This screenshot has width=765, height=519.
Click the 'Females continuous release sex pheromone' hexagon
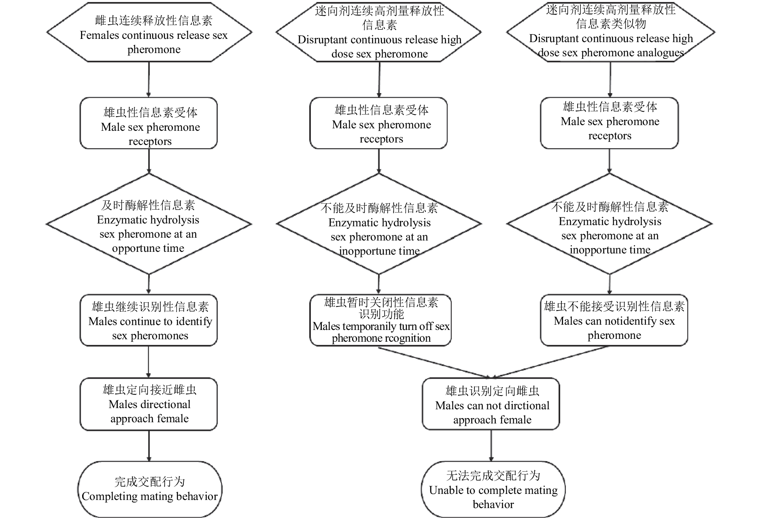pos(149,33)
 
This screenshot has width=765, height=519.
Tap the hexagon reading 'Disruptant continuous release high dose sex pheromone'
pos(379,32)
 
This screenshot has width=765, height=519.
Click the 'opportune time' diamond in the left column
pos(149,224)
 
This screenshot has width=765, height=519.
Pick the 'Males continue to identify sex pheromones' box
pos(149,320)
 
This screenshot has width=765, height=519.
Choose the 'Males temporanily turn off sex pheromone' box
pos(380,320)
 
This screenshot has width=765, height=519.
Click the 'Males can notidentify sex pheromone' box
pos(614,320)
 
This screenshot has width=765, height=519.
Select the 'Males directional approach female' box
pos(149,404)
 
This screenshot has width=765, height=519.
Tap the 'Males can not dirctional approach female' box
pos(491,404)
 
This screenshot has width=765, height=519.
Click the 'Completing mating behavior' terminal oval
pos(150,489)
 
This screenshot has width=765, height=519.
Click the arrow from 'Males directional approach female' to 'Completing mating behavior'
pos(149,445)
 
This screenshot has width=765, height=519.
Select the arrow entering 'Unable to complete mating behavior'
pos(491,445)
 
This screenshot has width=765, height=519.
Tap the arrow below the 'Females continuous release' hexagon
pos(149,79)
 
